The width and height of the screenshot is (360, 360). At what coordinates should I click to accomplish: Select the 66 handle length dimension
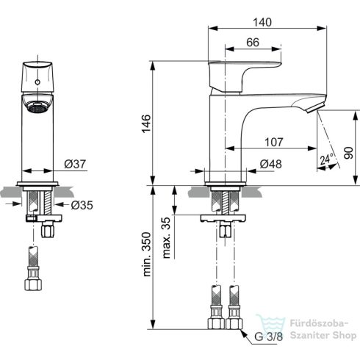coord(252,43)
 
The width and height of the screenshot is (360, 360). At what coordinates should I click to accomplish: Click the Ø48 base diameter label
coord(269,165)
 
